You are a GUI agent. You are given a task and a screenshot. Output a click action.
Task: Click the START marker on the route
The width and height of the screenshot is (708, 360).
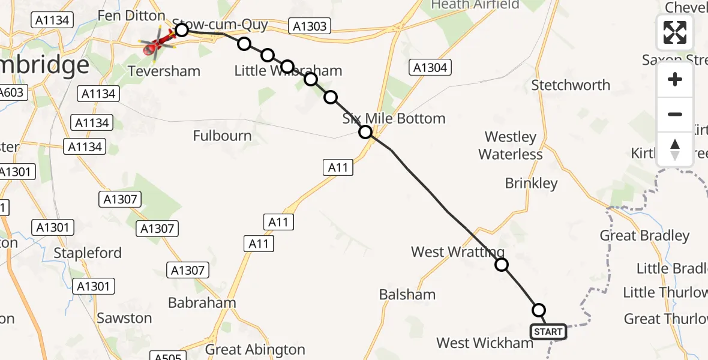click(547, 332)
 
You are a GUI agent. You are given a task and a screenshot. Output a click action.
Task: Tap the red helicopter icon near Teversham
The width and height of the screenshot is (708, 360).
click(156, 44)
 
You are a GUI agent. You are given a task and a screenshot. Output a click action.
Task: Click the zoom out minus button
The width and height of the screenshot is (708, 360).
click(675, 114)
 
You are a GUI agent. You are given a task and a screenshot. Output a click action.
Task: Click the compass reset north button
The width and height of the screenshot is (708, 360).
click(675, 149)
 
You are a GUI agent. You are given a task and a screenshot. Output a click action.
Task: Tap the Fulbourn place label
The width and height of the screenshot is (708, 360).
click(222, 136)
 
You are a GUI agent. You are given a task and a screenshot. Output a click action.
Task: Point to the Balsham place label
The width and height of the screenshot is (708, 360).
click(407, 295)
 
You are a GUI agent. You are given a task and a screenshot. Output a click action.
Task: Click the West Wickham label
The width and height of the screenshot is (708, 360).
click(485, 343)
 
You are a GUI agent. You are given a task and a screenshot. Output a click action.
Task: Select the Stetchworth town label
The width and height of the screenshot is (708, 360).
click(571, 85)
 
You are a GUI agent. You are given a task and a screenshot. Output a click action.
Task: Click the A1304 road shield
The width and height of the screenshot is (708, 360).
click(430, 68)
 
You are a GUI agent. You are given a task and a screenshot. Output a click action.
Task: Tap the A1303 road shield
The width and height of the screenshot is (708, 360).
click(310, 25)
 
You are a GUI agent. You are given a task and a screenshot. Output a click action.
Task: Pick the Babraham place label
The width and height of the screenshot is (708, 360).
click(202, 303)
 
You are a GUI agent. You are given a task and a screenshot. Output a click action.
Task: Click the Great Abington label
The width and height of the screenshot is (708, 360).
click(255, 349)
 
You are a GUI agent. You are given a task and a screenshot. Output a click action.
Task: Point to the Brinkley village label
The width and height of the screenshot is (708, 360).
click(531, 183)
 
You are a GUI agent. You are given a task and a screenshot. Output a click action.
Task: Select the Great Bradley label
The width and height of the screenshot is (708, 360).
click(644, 236)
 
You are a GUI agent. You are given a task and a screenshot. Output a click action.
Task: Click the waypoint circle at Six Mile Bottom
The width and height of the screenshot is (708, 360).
click(365, 132)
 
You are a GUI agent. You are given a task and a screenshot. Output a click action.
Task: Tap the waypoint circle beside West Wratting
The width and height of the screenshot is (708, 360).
click(502, 265)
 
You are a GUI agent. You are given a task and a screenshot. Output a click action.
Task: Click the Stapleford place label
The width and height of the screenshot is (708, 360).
click(88, 253)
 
